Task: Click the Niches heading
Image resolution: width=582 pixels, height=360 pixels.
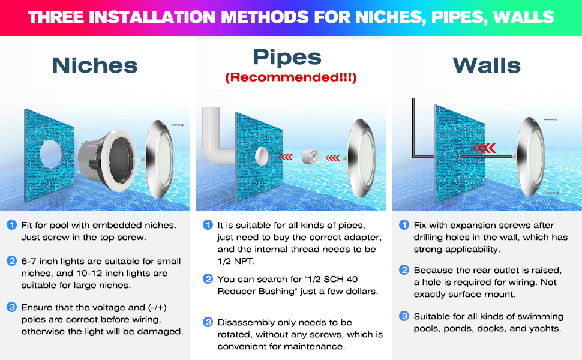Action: [x=95, y=65]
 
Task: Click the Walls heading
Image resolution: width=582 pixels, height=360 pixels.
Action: [x=487, y=65]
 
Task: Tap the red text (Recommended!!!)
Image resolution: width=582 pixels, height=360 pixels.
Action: [x=290, y=77]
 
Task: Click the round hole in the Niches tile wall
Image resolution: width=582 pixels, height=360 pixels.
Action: [x=51, y=154]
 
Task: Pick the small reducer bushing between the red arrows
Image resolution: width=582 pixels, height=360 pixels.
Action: [x=310, y=156]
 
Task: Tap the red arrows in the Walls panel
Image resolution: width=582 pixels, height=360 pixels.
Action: [x=484, y=148]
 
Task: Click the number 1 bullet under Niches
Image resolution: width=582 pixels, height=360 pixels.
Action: [x=11, y=224]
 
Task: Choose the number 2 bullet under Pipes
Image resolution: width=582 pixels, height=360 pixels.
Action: [x=208, y=279]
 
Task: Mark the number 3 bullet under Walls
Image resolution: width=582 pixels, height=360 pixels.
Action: [x=404, y=316]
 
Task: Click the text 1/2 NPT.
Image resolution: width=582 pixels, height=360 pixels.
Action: [x=236, y=261]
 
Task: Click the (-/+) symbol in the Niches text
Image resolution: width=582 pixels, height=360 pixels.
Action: [x=157, y=308]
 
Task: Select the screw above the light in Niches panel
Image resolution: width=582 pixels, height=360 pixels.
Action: [x=177, y=125]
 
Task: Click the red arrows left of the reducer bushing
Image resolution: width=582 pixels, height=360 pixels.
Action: [x=286, y=157]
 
